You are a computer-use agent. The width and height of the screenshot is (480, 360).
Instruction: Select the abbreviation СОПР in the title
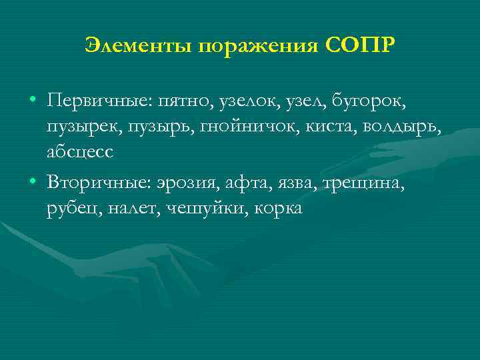[361, 45]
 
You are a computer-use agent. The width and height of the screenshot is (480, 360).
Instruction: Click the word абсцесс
[81, 151]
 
